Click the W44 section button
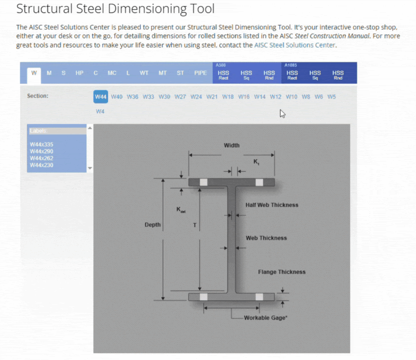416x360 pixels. pyautogui.click(x=101, y=97)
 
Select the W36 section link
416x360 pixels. pyautogui.click(x=133, y=97)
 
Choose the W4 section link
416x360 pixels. pyautogui.click(x=100, y=112)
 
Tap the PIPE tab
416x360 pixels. pyautogui.click(x=200, y=73)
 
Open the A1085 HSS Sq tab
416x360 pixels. pyautogui.click(x=315, y=75)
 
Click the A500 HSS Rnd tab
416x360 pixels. pyautogui.click(x=269, y=75)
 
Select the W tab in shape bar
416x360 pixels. pyautogui.click(x=34, y=73)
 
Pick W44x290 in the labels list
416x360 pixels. pyautogui.click(x=41, y=151)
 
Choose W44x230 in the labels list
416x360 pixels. pyautogui.click(x=41, y=165)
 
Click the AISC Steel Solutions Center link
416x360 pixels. pyautogui.click(x=295, y=45)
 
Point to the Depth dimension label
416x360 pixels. pyautogui.click(x=152, y=225)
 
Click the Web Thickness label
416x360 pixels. pyautogui.click(x=266, y=238)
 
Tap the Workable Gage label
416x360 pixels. pyautogui.click(x=265, y=318)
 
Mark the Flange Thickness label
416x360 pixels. pyautogui.click(x=281, y=272)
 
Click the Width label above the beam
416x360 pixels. pyautogui.click(x=232, y=145)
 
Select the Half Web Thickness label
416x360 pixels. pyautogui.click(x=272, y=205)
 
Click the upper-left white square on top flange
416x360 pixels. pyautogui.click(x=204, y=182)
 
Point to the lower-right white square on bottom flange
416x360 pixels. pyautogui.click(x=259, y=297)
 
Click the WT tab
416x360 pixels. pyautogui.click(x=144, y=73)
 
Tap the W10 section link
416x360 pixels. pyautogui.click(x=291, y=97)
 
